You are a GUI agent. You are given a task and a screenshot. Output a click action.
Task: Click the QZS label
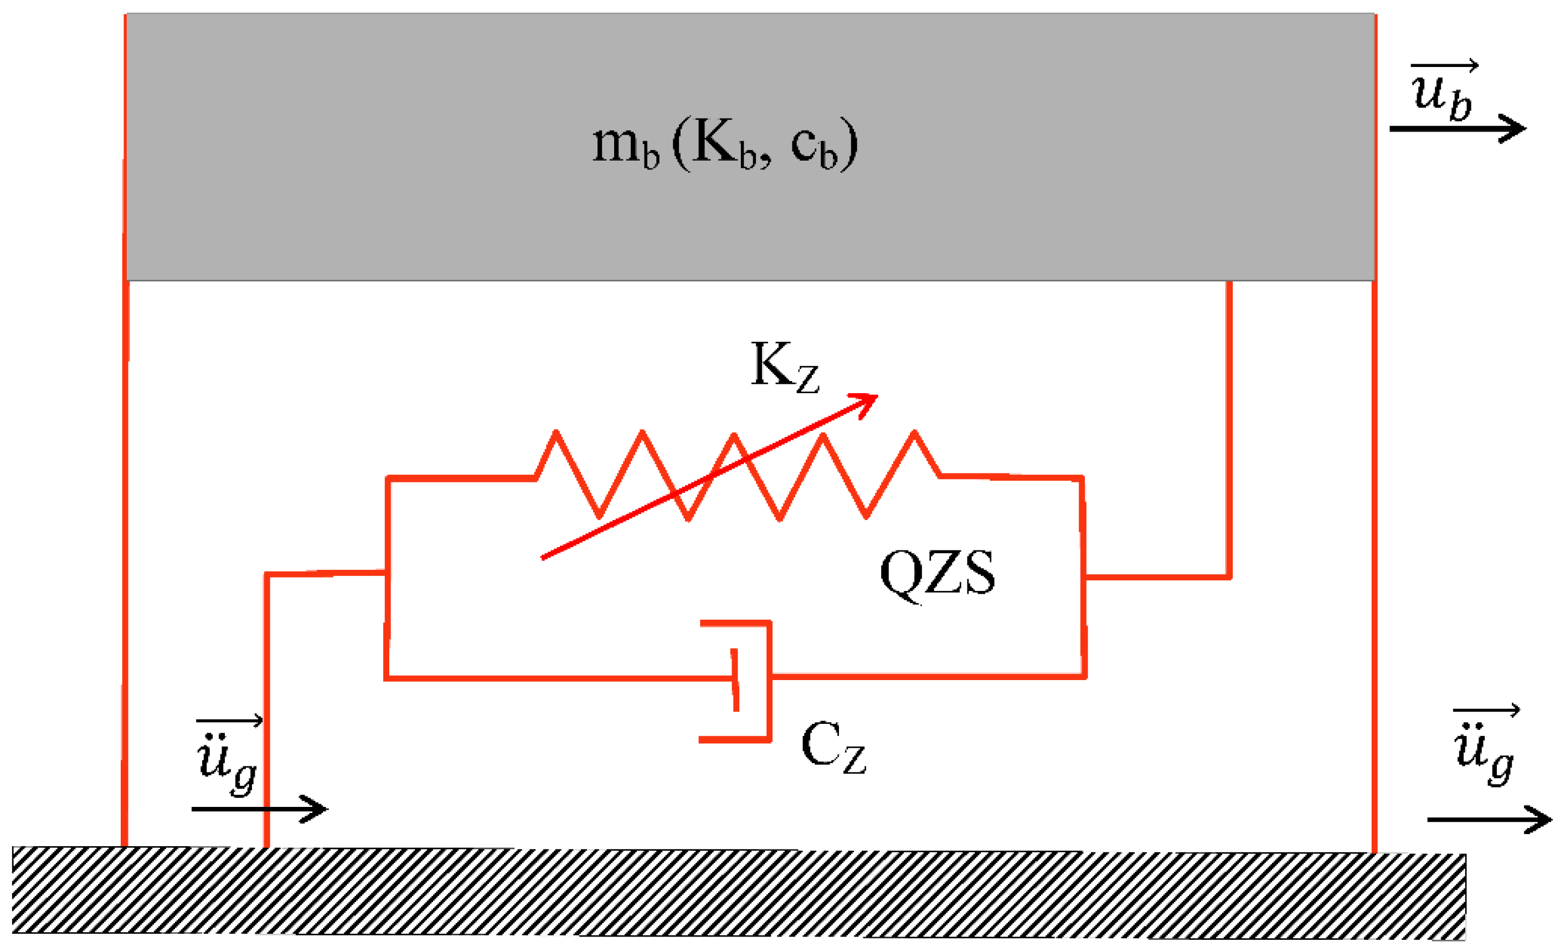937,573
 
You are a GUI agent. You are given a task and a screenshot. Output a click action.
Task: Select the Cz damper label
832,747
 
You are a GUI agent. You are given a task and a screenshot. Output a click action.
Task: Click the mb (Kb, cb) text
725,146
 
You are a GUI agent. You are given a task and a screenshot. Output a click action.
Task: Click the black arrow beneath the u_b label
1456,128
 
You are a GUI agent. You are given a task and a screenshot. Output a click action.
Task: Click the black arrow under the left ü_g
260,809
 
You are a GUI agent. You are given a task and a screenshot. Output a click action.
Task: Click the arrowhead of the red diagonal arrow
866,403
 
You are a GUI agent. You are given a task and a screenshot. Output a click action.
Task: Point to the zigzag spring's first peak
556,434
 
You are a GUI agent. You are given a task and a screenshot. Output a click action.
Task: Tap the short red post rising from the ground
266,709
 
